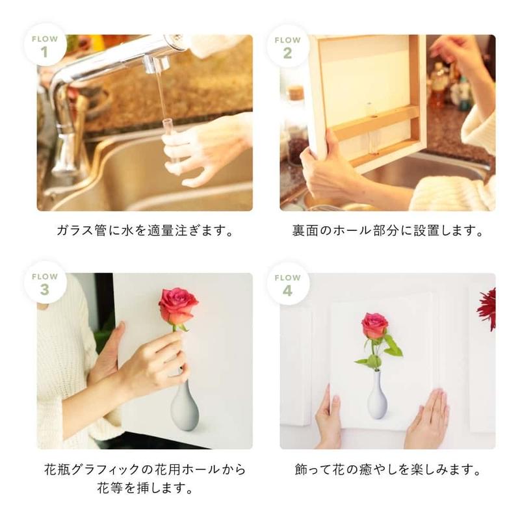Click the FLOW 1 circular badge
pyautogui.click(x=44, y=46)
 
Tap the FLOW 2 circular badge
pyautogui.click(x=287, y=46)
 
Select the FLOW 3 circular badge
pyautogui.click(x=44, y=283)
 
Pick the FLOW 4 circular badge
pyautogui.click(x=287, y=283)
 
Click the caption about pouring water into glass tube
pyautogui.click(x=144, y=231)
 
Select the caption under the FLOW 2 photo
pyautogui.click(x=387, y=231)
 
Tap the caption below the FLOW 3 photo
pyautogui.click(x=144, y=478)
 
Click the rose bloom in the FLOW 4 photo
pyautogui.click(x=374, y=325)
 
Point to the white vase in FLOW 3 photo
pyautogui.click(x=184, y=406)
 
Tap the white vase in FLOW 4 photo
pyautogui.click(x=376, y=397)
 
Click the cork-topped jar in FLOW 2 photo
pyautogui.click(x=296, y=120)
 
